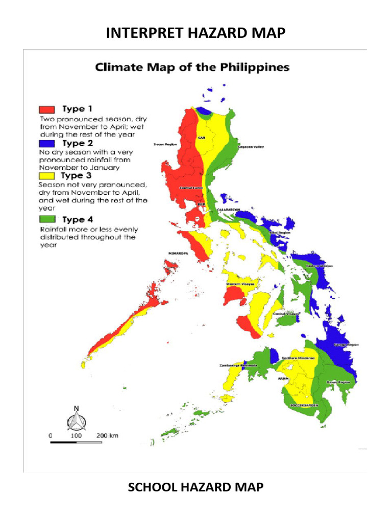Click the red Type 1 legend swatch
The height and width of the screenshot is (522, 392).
click(x=46, y=109)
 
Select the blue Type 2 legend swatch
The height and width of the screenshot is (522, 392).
click(x=46, y=144)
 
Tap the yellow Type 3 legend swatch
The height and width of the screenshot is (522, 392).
click(x=46, y=176)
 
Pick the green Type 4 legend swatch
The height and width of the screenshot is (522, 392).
click(x=46, y=220)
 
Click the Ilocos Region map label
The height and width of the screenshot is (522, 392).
click(x=164, y=145)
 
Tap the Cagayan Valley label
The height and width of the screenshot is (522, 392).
click(x=251, y=147)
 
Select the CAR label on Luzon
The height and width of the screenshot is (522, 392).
click(x=201, y=138)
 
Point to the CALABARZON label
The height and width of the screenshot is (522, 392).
click(x=229, y=210)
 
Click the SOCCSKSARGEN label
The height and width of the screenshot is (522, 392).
click(x=304, y=405)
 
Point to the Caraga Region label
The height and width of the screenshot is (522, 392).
click(x=346, y=345)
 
